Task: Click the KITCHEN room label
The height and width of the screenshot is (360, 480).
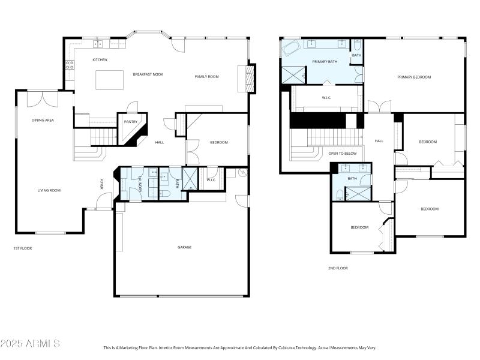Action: (100, 60)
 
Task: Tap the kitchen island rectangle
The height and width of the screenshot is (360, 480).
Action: (110, 79)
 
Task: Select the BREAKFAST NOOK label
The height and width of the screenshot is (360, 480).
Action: (148, 74)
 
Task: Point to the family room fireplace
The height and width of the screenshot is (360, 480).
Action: (247, 78)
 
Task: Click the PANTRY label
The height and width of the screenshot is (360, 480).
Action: (130, 122)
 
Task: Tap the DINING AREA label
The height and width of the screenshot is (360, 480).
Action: (43, 120)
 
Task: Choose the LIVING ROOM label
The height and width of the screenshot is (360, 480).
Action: (50, 190)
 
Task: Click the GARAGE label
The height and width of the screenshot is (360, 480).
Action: (184, 247)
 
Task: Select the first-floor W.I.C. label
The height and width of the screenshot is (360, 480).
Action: (211, 179)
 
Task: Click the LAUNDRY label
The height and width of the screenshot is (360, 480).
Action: (140, 184)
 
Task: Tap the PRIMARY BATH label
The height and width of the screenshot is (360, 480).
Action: (325, 61)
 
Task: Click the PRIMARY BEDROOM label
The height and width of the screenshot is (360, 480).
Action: (414, 77)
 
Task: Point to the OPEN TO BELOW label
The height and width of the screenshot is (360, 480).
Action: (343, 153)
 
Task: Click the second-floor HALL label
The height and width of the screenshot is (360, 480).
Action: (379, 141)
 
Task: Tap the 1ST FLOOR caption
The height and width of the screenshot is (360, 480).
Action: (23, 248)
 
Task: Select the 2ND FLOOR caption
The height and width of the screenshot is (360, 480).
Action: (337, 268)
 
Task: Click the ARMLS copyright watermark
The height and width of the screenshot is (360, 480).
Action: (30, 344)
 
